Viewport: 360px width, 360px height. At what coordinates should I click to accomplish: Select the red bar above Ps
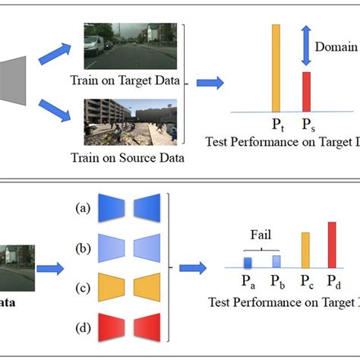click(x=307, y=91)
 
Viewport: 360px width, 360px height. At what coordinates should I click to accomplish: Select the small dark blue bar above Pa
click(x=248, y=262)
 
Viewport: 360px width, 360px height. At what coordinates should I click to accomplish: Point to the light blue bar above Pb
click(x=276, y=261)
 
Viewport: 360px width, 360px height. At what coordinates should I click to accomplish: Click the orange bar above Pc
click(x=305, y=250)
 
